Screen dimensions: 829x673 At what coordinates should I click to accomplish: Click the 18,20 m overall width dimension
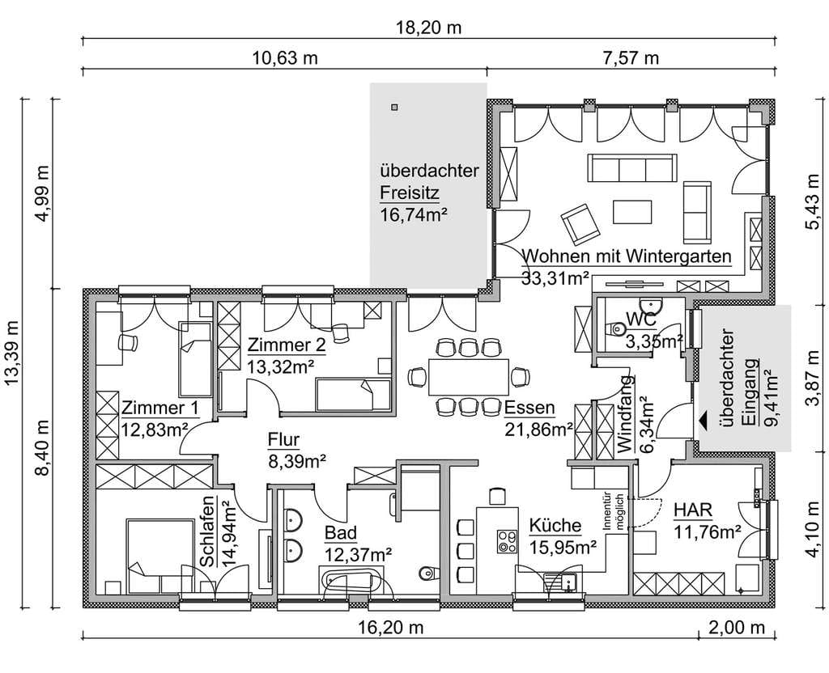[429, 27]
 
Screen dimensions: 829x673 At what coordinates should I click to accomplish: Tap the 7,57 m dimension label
[631, 57]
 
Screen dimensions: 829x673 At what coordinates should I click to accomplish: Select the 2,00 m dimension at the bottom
[736, 628]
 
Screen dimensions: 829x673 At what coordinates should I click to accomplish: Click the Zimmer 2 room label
[287, 345]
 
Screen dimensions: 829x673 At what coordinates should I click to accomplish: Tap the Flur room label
[283, 439]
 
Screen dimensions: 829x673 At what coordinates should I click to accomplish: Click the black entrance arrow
[704, 421]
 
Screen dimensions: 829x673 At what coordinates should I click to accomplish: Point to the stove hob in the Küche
[507, 541]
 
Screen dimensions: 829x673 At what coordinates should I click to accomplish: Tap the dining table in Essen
[469, 377]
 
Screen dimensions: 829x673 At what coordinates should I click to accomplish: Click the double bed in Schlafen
[160, 556]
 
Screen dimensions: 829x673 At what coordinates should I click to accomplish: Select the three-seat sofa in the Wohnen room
[632, 168]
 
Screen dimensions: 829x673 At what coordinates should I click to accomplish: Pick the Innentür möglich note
[614, 512]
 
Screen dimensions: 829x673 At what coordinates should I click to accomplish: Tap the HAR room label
[693, 510]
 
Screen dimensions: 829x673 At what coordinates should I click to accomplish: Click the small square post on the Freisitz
[394, 108]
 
